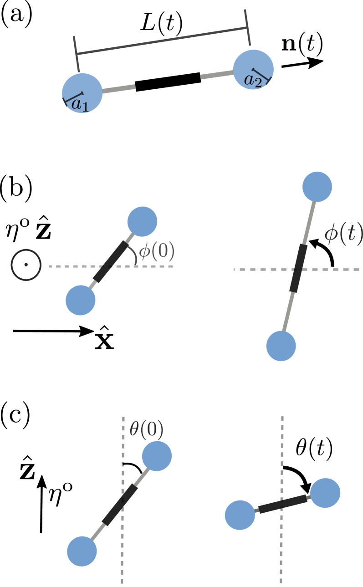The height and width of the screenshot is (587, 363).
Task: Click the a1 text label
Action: click(x=80, y=104)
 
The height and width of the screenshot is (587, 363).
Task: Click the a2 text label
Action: click(x=253, y=81)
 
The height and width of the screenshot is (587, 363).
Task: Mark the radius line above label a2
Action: click(x=261, y=75)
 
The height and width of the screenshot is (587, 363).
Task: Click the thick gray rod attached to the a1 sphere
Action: click(x=119, y=89)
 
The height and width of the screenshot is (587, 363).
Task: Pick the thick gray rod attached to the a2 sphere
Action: click(x=217, y=75)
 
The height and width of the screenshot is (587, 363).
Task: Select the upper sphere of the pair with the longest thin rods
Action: click(x=317, y=187)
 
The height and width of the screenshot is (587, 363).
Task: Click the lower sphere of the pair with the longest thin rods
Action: click(x=281, y=346)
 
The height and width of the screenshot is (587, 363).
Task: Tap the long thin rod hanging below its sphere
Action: click(x=309, y=223)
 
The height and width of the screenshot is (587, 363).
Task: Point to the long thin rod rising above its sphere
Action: click(x=288, y=312)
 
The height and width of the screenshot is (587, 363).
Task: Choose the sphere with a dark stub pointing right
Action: click(x=240, y=515)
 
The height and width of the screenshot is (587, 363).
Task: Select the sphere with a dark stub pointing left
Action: click(x=325, y=493)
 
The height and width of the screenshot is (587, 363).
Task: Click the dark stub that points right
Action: click(x=256, y=510)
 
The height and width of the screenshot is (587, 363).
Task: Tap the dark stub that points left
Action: click(x=309, y=497)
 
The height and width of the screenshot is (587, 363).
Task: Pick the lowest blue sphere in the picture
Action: click(x=82, y=551)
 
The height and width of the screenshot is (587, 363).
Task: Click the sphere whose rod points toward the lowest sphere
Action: click(x=157, y=456)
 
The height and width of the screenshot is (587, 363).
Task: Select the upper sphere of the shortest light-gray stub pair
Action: click(x=142, y=222)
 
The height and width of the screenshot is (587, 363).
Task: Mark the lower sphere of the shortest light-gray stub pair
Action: click(x=81, y=301)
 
